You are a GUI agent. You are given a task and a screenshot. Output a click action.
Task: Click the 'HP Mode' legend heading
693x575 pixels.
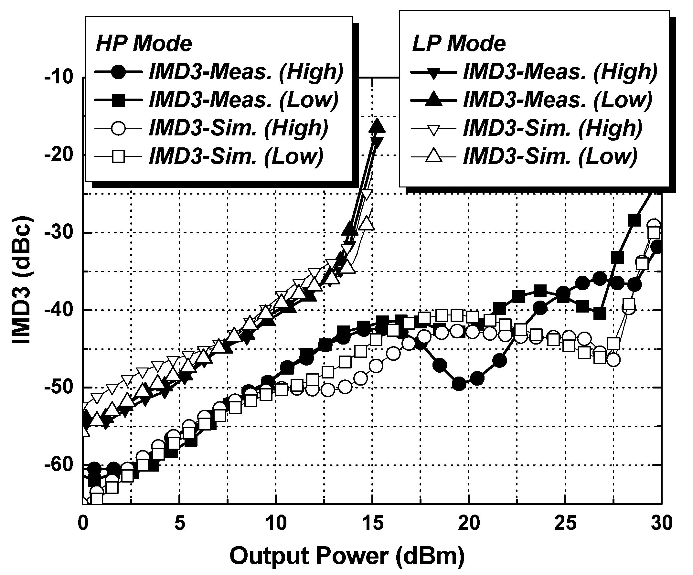pos(144,44)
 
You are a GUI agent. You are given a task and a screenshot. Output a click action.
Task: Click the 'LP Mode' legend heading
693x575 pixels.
pos(459,44)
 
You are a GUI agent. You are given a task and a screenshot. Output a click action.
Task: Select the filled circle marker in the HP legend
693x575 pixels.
pos(118,72)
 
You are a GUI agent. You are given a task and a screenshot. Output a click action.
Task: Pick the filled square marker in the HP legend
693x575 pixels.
pos(118,100)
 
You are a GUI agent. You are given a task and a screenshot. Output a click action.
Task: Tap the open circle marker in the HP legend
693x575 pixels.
pos(118,128)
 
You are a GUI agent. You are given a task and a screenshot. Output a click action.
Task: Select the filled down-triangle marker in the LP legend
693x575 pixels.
pos(434,72)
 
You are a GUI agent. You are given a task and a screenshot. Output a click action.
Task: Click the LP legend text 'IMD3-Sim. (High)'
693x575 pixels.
pos(553,128)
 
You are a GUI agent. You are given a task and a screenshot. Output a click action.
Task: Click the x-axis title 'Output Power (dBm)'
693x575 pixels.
pos(347,556)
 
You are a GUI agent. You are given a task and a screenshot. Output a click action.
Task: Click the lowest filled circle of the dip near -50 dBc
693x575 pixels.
pos(459,384)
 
